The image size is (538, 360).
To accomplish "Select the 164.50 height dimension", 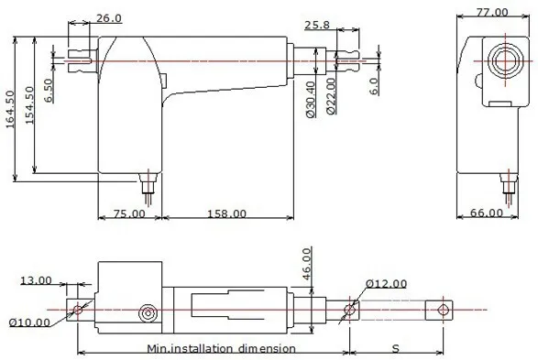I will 9,110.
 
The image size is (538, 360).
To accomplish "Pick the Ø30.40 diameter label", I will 312,99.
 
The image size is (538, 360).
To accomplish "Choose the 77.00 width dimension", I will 490,12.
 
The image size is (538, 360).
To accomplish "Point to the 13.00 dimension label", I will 36,280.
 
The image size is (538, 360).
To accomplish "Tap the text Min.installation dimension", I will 221,348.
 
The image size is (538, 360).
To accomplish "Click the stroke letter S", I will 395,349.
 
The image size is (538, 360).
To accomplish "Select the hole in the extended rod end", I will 445,309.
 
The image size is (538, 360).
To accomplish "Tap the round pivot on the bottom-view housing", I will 146,314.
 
